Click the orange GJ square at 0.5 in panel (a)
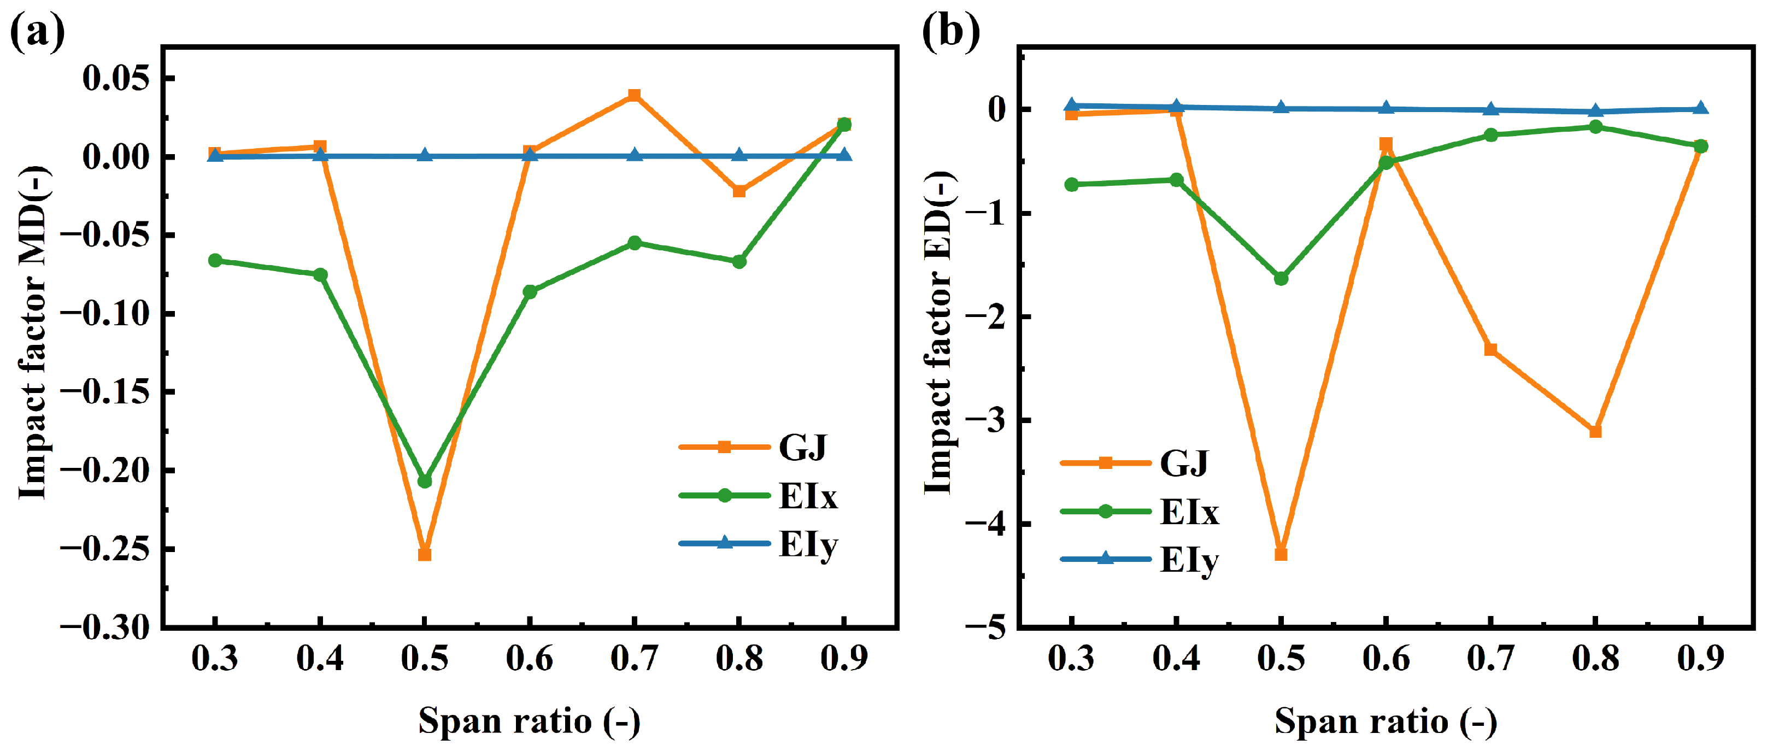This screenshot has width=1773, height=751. pos(425,554)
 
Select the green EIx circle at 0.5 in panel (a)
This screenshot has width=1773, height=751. pos(425,481)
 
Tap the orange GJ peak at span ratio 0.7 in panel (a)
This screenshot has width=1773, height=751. pos(635,95)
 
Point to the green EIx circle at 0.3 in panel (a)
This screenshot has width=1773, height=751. pos(215,260)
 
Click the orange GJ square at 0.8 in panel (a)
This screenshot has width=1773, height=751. pos(739,191)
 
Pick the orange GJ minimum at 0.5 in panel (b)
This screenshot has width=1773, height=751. pos(1281,554)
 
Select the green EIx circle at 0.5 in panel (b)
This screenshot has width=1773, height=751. pos(1281,279)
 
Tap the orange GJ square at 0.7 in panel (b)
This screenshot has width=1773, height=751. pos(1491,350)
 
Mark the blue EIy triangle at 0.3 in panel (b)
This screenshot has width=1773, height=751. pos(1072,105)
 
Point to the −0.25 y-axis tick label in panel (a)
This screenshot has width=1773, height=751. pos(104,549)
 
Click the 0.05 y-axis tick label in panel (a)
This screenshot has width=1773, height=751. pos(116,79)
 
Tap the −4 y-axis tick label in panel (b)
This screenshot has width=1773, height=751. pos(985,524)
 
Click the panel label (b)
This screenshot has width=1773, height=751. pos(950,31)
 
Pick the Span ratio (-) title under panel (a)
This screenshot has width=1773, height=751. pos(529,721)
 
